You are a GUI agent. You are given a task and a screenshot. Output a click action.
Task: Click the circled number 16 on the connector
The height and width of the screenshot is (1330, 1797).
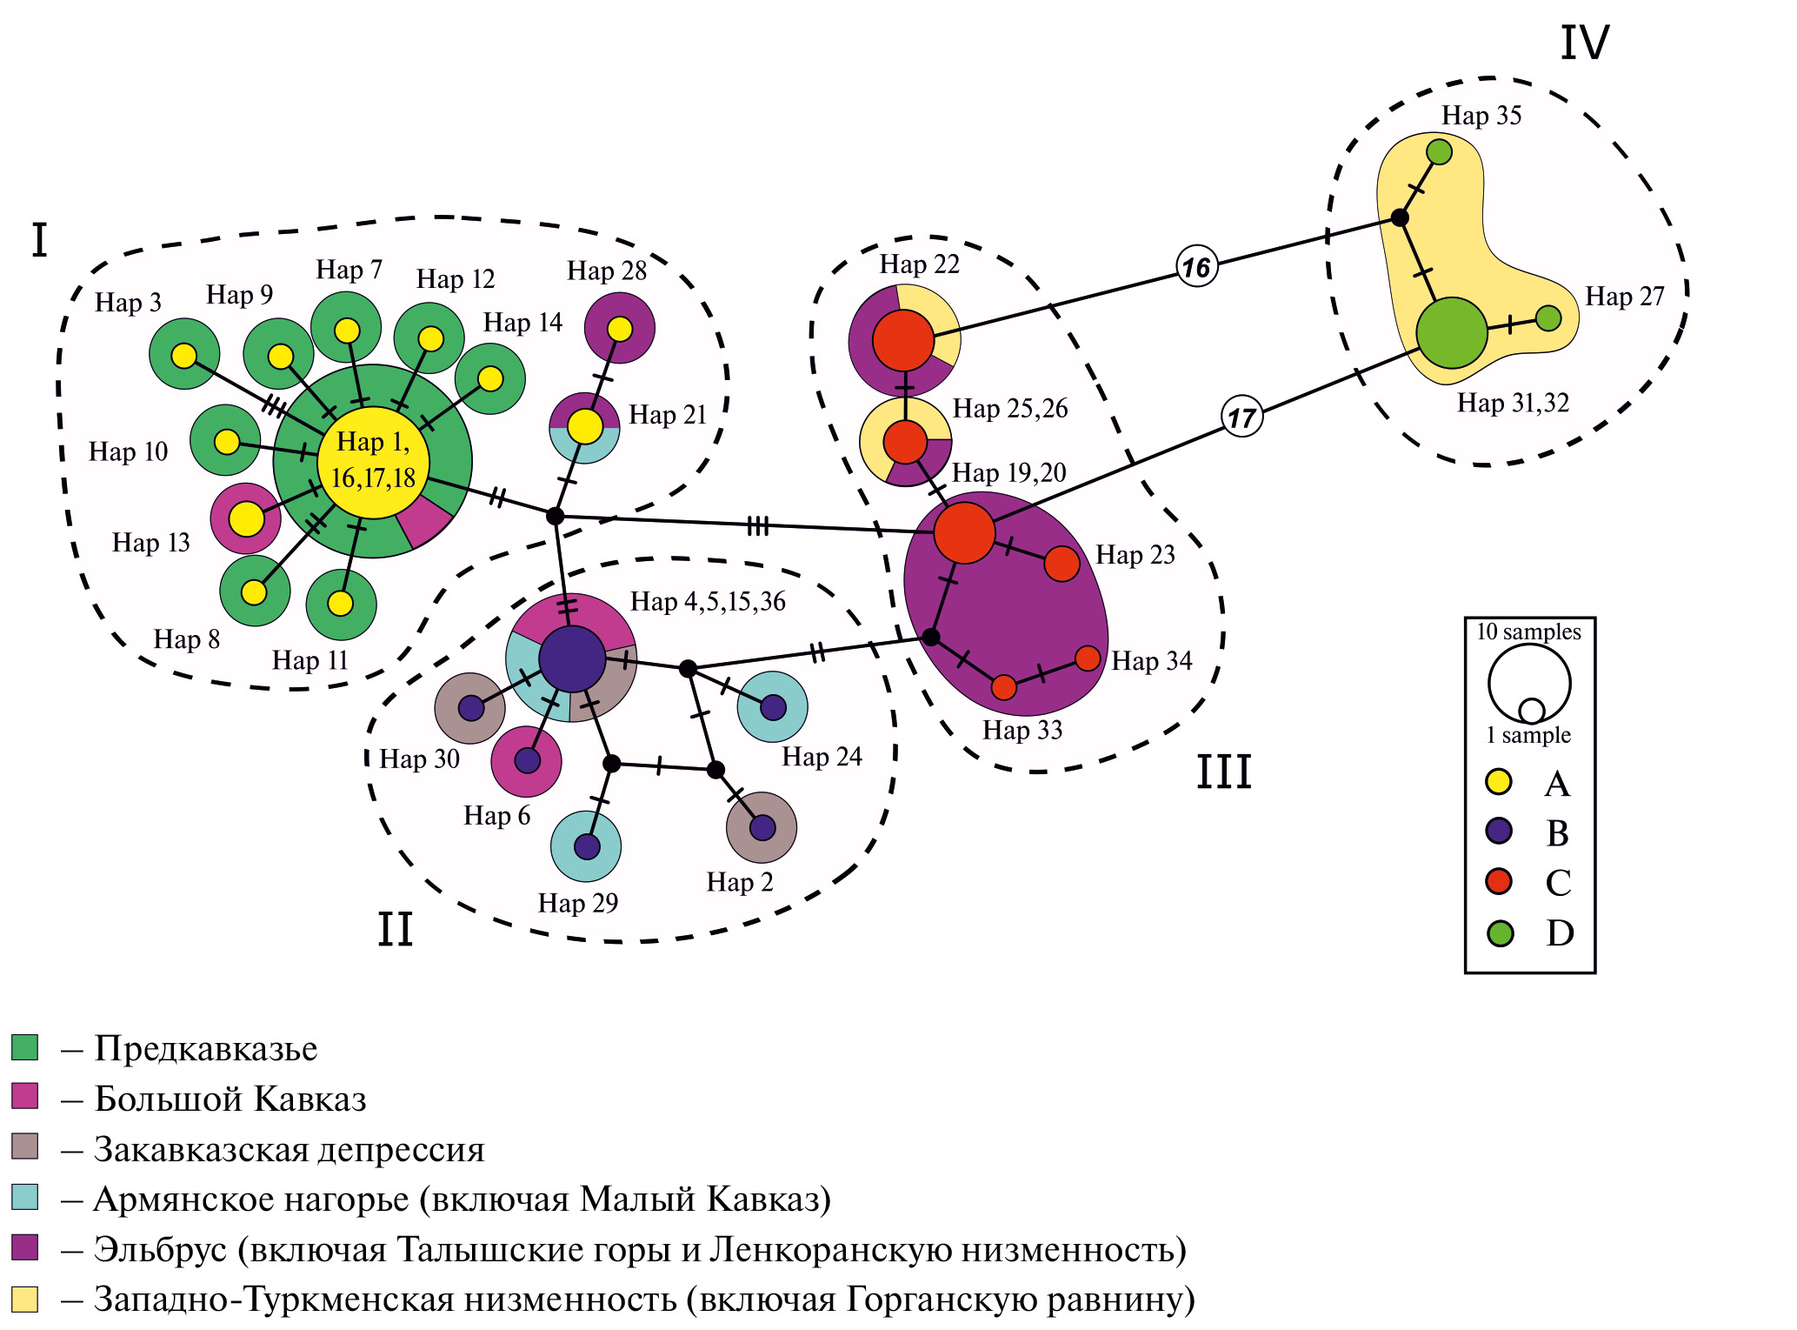[x=1196, y=266]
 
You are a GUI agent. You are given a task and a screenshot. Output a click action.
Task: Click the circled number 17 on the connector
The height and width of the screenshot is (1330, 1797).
[x=1241, y=417]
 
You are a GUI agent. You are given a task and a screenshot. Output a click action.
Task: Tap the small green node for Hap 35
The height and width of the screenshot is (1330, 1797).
[x=1439, y=151]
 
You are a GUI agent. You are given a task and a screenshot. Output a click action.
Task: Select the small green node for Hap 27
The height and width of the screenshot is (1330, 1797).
[x=1548, y=318]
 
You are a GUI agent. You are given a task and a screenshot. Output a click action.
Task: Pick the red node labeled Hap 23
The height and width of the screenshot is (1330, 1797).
[x=1062, y=564]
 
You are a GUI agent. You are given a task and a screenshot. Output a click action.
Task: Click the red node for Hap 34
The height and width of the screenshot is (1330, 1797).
[x=1088, y=658]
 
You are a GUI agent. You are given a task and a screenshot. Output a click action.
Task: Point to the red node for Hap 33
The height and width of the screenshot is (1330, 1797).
[x=1003, y=687]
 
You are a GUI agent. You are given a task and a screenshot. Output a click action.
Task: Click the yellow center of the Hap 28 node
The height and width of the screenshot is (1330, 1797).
[x=620, y=329]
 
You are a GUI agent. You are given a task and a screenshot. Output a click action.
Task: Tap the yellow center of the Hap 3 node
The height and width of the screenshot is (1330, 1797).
[x=184, y=355]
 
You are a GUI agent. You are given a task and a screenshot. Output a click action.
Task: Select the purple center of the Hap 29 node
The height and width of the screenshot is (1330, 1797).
[x=587, y=846]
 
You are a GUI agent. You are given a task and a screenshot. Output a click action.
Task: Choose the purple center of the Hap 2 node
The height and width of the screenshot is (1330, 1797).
[x=762, y=827]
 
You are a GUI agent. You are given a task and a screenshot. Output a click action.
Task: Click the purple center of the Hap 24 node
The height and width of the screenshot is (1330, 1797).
[x=773, y=706]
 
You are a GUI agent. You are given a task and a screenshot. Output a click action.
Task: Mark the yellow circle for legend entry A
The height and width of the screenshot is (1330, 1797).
[x=1499, y=781]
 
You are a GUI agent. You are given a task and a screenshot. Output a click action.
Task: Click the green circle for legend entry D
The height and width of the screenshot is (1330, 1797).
[x=1500, y=933]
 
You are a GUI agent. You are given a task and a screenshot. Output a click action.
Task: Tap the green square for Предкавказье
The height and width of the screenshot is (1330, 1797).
[x=24, y=1047]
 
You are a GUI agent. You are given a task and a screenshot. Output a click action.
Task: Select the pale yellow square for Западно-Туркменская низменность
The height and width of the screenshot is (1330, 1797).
[x=24, y=1299]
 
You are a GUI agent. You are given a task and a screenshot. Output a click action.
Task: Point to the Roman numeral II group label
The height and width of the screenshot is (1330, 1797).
[x=395, y=929]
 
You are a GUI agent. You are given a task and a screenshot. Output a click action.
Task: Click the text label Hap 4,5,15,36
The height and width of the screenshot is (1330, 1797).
[x=708, y=601]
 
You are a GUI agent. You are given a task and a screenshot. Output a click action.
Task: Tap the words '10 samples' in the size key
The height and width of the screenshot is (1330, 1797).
[x=1528, y=632]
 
